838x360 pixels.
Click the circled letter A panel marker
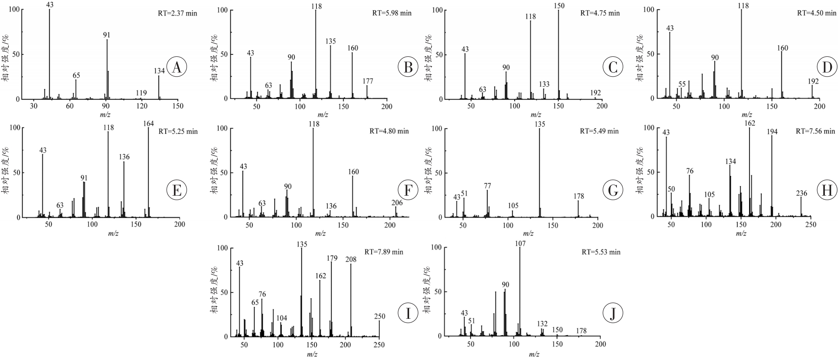[x=177, y=67]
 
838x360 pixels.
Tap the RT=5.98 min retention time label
[x=391, y=13]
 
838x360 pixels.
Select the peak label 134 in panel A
[x=159, y=71]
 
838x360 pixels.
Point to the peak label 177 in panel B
[x=368, y=81]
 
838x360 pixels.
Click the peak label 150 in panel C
[x=559, y=6]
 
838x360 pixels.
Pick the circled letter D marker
[x=827, y=67]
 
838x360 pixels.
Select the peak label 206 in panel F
[x=397, y=203]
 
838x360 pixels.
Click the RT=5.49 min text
[x=599, y=131]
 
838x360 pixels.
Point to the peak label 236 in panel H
[x=801, y=193]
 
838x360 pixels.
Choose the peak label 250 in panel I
[x=379, y=316]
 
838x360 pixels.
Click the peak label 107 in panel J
[x=520, y=243]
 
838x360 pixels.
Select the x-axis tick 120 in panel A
[x=141, y=106]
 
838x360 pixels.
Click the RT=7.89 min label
[x=384, y=252]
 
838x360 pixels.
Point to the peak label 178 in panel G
[x=578, y=196]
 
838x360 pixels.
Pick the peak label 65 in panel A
[x=76, y=75]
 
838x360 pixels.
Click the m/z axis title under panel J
[x=534, y=354]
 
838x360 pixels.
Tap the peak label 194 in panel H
[x=772, y=132]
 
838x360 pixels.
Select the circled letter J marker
[x=613, y=314]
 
